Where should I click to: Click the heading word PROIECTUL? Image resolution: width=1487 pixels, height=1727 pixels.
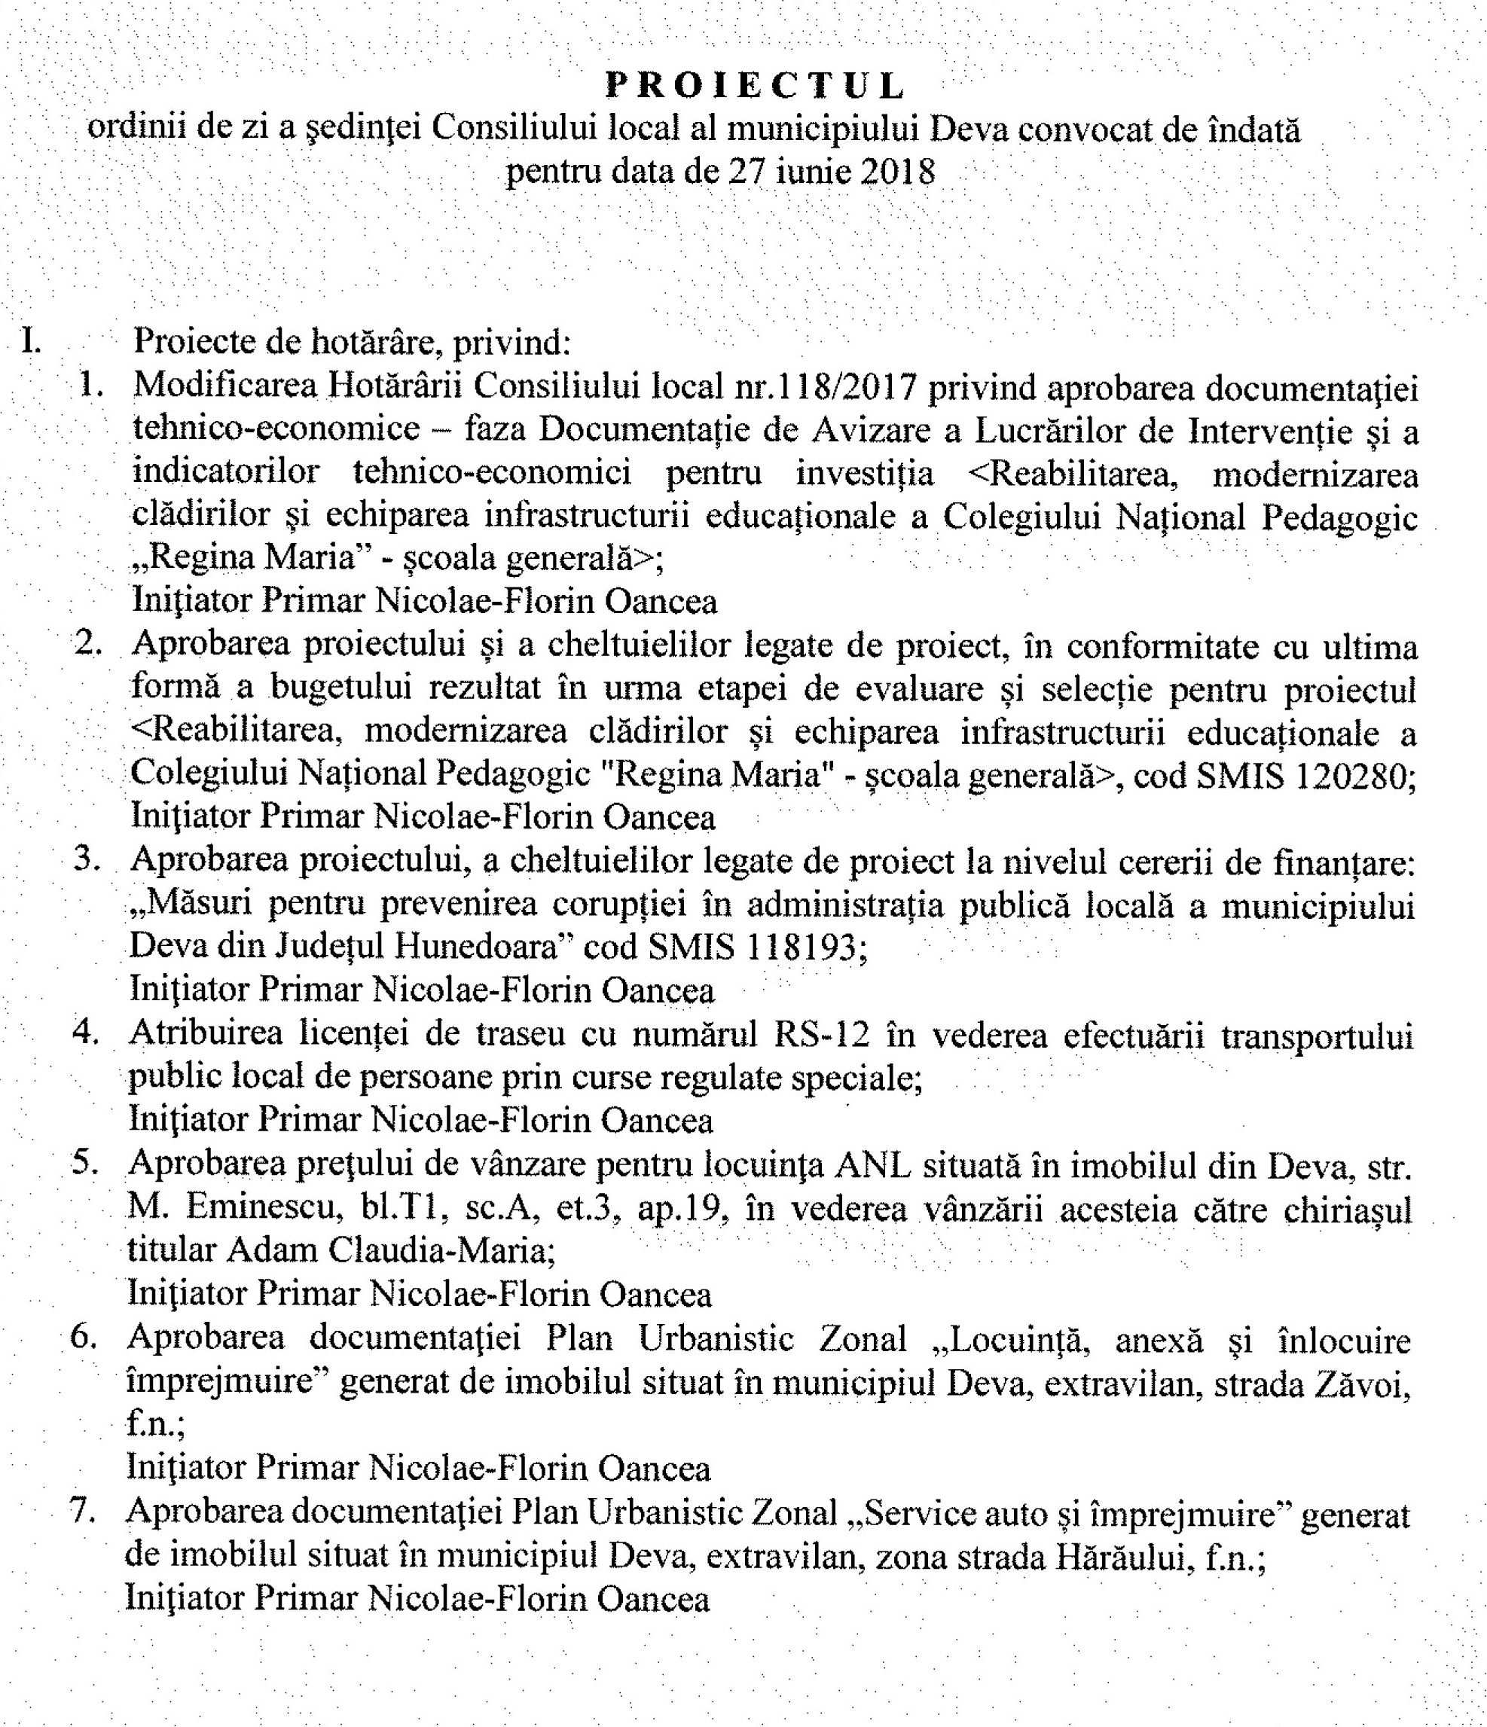pos(754,86)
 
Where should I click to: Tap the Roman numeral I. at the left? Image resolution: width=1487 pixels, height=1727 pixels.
pos(32,341)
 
